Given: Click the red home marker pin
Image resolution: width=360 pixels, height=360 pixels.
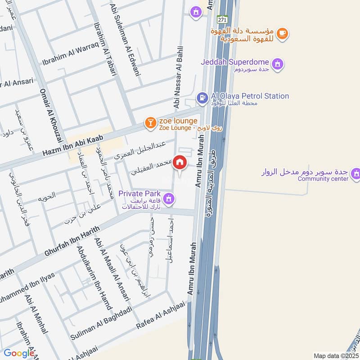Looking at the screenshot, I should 180,162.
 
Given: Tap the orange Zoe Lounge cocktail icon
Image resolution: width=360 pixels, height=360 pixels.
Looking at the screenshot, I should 150,122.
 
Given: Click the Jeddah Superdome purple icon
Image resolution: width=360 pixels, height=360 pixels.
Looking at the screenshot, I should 278,63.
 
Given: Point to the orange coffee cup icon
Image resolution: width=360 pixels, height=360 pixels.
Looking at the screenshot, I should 282,33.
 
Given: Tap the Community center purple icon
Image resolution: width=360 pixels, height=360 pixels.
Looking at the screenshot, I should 356,173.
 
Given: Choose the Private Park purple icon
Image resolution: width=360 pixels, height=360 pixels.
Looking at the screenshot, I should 169,198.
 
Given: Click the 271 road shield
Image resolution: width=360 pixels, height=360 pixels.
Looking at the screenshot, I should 222,20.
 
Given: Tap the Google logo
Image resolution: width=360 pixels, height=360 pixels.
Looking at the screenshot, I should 19,354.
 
